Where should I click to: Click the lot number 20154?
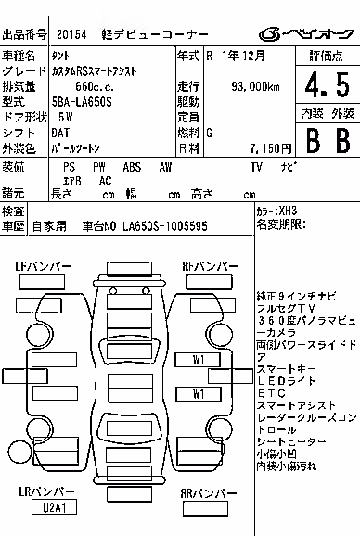tap(71, 34)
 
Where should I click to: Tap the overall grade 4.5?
tap(328, 84)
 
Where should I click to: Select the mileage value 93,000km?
tap(255, 87)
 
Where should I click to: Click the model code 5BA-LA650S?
tap(82, 102)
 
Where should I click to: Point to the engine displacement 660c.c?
tap(95, 87)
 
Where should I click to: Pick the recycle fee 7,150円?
tap(271, 148)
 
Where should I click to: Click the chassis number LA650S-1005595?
tap(165, 226)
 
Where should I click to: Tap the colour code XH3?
tap(288, 211)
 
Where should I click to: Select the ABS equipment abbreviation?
tap(132, 167)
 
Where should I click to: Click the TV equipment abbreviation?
tap(256, 167)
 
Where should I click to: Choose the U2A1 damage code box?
tap(54, 507)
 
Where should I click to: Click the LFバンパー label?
tap(44, 266)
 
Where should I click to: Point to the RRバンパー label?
tap(209, 493)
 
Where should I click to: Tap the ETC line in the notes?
tap(272, 393)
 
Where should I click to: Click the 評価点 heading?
tap(327, 56)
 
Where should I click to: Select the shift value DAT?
tap(60, 133)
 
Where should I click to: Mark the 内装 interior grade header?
tap(312, 113)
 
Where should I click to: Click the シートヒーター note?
tap(291, 441)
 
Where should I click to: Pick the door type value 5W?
tap(65, 117)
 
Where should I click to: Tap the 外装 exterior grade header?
tap(343, 113)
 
